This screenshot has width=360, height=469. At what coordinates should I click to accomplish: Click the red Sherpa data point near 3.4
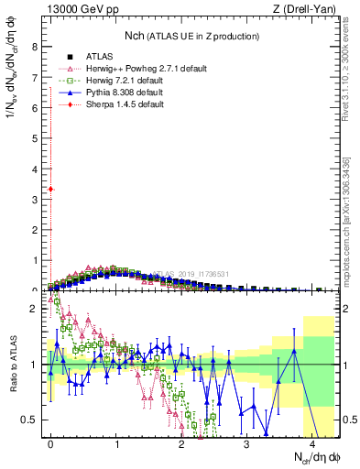pyautogui.click(x=51, y=189)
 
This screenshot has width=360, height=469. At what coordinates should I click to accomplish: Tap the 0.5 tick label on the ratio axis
pyautogui.click(x=29, y=420)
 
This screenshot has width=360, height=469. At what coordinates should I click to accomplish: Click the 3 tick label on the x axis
pyautogui.click(x=247, y=444)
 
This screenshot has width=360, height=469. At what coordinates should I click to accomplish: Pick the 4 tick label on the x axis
pyautogui.click(x=312, y=444)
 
